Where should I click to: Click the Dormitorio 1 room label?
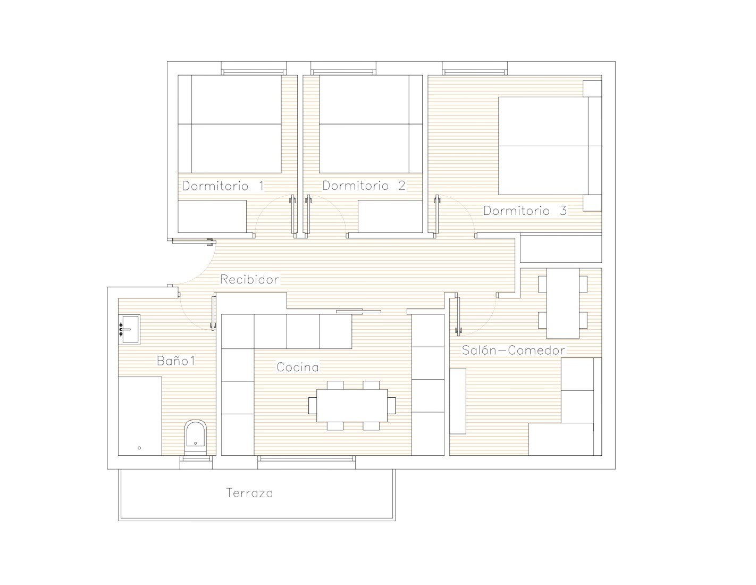(x=223, y=186)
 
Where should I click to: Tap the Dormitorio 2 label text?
(x=364, y=186)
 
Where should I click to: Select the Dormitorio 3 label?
(x=525, y=211)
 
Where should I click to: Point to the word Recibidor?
(x=249, y=279)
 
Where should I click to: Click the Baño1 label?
(x=176, y=361)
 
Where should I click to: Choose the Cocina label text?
(x=298, y=367)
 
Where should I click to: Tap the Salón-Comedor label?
(x=513, y=350)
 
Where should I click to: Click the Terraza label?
(x=249, y=493)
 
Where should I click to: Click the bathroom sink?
(x=129, y=329)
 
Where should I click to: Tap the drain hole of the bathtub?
(x=139, y=448)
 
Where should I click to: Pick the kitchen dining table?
(x=352, y=405)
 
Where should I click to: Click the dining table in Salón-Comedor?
(x=562, y=303)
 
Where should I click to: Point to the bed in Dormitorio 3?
(x=550, y=146)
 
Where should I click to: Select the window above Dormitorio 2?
(x=343, y=69)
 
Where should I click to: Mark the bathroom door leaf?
(x=213, y=312)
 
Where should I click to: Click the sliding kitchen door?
(x=358, y=312)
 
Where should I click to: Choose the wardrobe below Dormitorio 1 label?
(x=212, y=216)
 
